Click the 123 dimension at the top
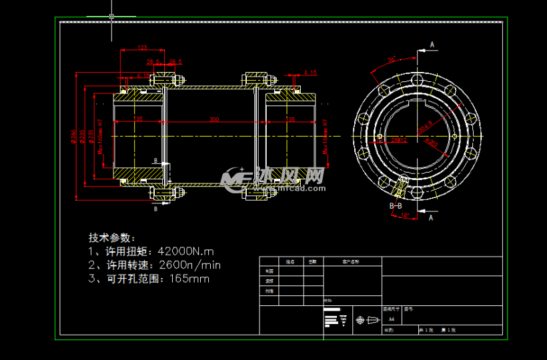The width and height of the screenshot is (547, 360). [x=142, y=47]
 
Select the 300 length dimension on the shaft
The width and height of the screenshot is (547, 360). [x=214, y=119]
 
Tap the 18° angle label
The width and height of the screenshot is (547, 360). [x=404, y=215]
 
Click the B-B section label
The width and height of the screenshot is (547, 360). [x=396, y=206]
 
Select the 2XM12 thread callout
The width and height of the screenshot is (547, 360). [x=400, y=140]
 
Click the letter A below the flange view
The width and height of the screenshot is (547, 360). [x=431, y=217]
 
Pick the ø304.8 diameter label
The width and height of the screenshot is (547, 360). [x=425, y=127]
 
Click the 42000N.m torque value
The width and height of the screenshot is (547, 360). [x=185, y=251]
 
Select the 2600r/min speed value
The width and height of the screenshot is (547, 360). [x=188, y=265]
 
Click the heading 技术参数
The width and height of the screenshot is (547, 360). [x=111, y=237]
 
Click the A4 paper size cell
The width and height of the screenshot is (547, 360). [x=391, y=320]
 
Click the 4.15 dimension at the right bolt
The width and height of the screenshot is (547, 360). [x=310, y=73]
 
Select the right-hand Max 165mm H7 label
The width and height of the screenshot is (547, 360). [x=325, y=137]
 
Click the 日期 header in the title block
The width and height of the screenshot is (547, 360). [x=312, y=262]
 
